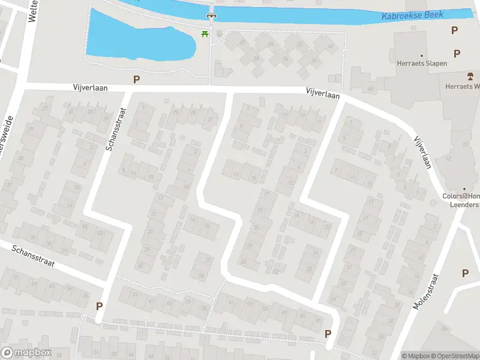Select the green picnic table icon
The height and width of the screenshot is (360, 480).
click(205, 34)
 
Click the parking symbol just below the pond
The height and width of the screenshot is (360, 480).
click(137, 79)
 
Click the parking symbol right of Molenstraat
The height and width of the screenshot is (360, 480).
click(465, 273)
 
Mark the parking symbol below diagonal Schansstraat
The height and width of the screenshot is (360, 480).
click(99, 305)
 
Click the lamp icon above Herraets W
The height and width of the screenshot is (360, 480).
click(470, 76)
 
